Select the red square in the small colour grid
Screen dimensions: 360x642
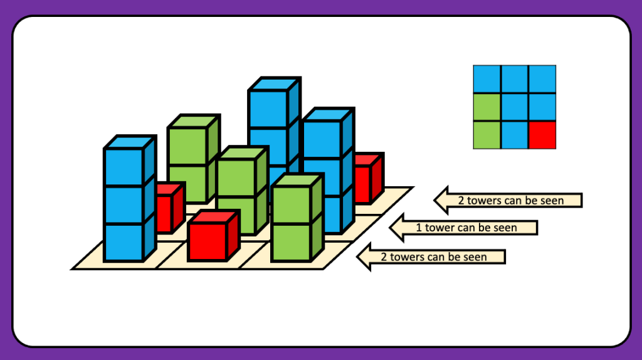tap(542, 135)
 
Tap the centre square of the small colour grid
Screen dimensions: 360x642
tap(514, 107)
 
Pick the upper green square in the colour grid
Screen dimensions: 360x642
tap(487, 107)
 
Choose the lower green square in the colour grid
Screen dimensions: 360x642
tap(487, 135)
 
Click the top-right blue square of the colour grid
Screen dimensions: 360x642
tap(542, 79)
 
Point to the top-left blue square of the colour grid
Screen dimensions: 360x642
tap(487, 79)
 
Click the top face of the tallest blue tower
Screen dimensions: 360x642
tap(274, 84)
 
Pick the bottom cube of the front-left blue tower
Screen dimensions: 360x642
tap(124, 242)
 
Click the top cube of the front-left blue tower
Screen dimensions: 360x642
tap(124, 167)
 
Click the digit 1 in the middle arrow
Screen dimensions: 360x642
tap(419, 228)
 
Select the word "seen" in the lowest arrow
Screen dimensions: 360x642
tap(474, 257)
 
